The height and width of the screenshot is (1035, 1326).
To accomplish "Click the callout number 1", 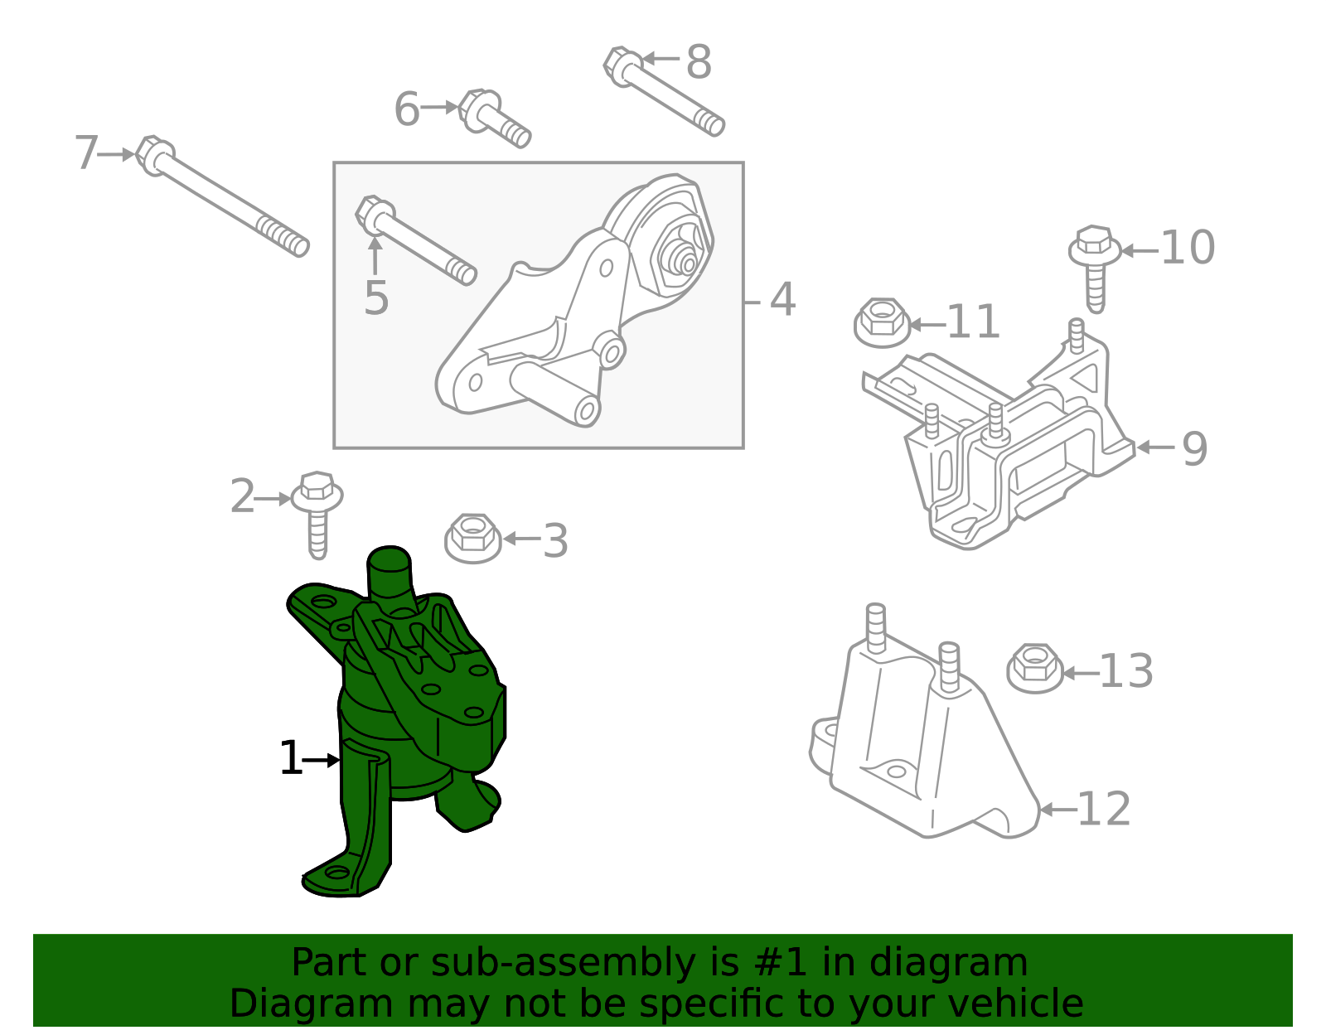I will pyautogui.click(x=290, y=759).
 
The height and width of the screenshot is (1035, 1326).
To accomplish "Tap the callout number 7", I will pyautogui.click(x=86, y=153).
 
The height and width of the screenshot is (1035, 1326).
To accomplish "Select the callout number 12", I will pyautogui.click(x=1104, y=810).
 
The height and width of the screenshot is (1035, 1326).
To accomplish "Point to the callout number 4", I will pyautogui.click(x=782, y=299).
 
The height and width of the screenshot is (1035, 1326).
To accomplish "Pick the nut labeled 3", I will pyautogui.click(x=473, y=539).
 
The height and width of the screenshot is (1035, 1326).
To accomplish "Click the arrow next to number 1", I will pyautogui.click(x=322, y=760).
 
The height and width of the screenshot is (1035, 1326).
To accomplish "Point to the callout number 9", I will pyautogui.click(x=1194, y=449).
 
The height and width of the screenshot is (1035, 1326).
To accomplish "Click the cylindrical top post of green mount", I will pyautogui.click(x=389, y=572).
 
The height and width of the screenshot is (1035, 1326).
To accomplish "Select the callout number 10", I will pyautogui.click(x=1188, y=248).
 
